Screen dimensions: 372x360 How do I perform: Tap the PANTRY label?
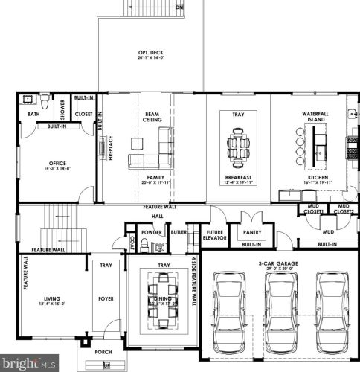pos(251,231)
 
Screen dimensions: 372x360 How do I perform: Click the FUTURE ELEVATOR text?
pos(216,235)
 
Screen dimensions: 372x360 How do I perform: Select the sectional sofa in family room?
pos(152,152)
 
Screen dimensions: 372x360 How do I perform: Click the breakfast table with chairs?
pos(238,141)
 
